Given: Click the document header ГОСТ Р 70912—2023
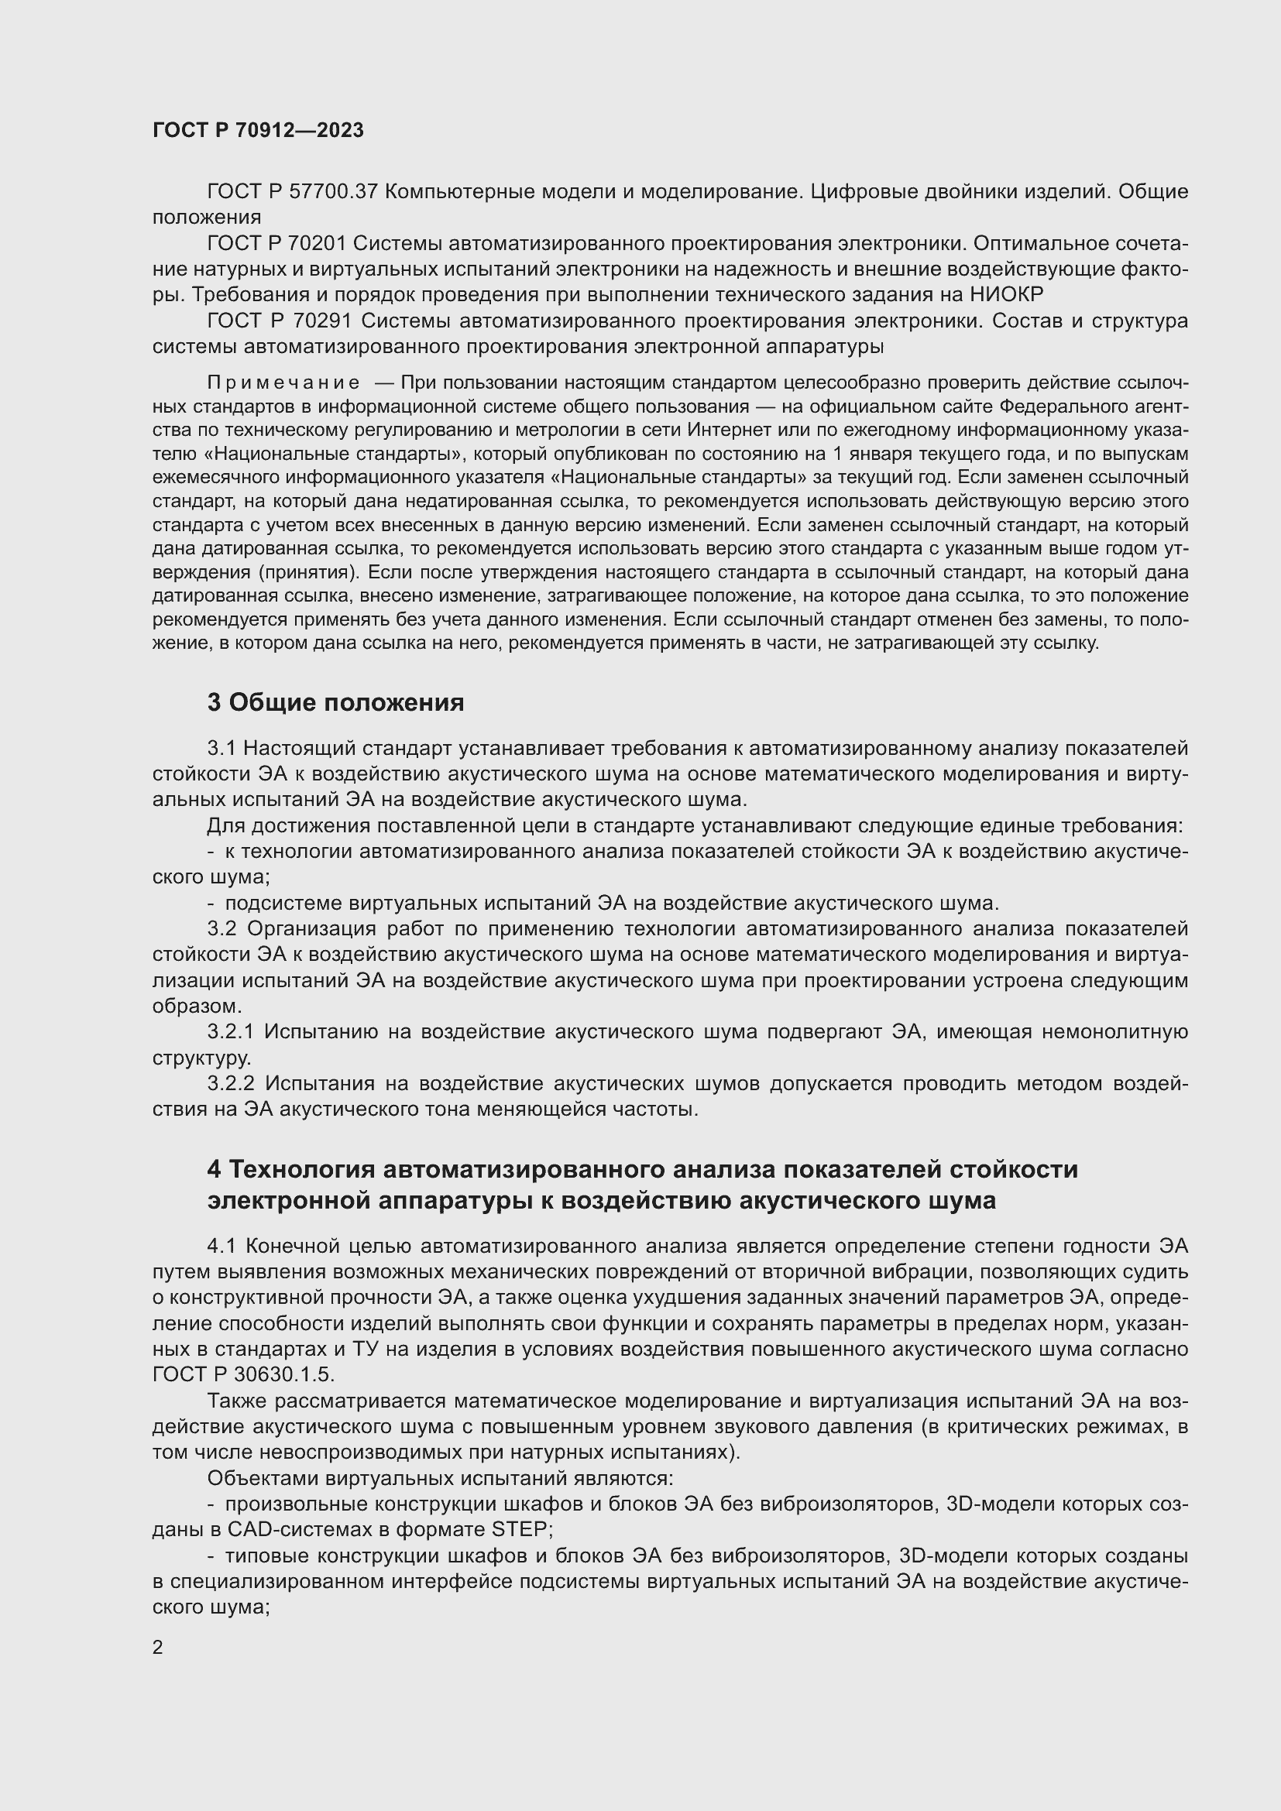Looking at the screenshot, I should pyautogui.click(x=258, y=130).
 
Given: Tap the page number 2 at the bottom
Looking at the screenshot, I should pyautogui.click(x=158, y=1647).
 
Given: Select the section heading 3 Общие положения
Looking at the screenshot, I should pyautogui.click(x=335, y=702).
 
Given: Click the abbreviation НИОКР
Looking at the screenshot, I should pyautogui.click(x=1007, y=295).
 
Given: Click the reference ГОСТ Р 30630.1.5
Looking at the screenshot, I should pyautogui.click(x=243, y=1374).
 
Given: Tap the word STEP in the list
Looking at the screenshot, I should pyautogui.click(x=519, y=1529).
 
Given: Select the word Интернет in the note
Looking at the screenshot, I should pyautogui.click(x=723, y=430).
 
